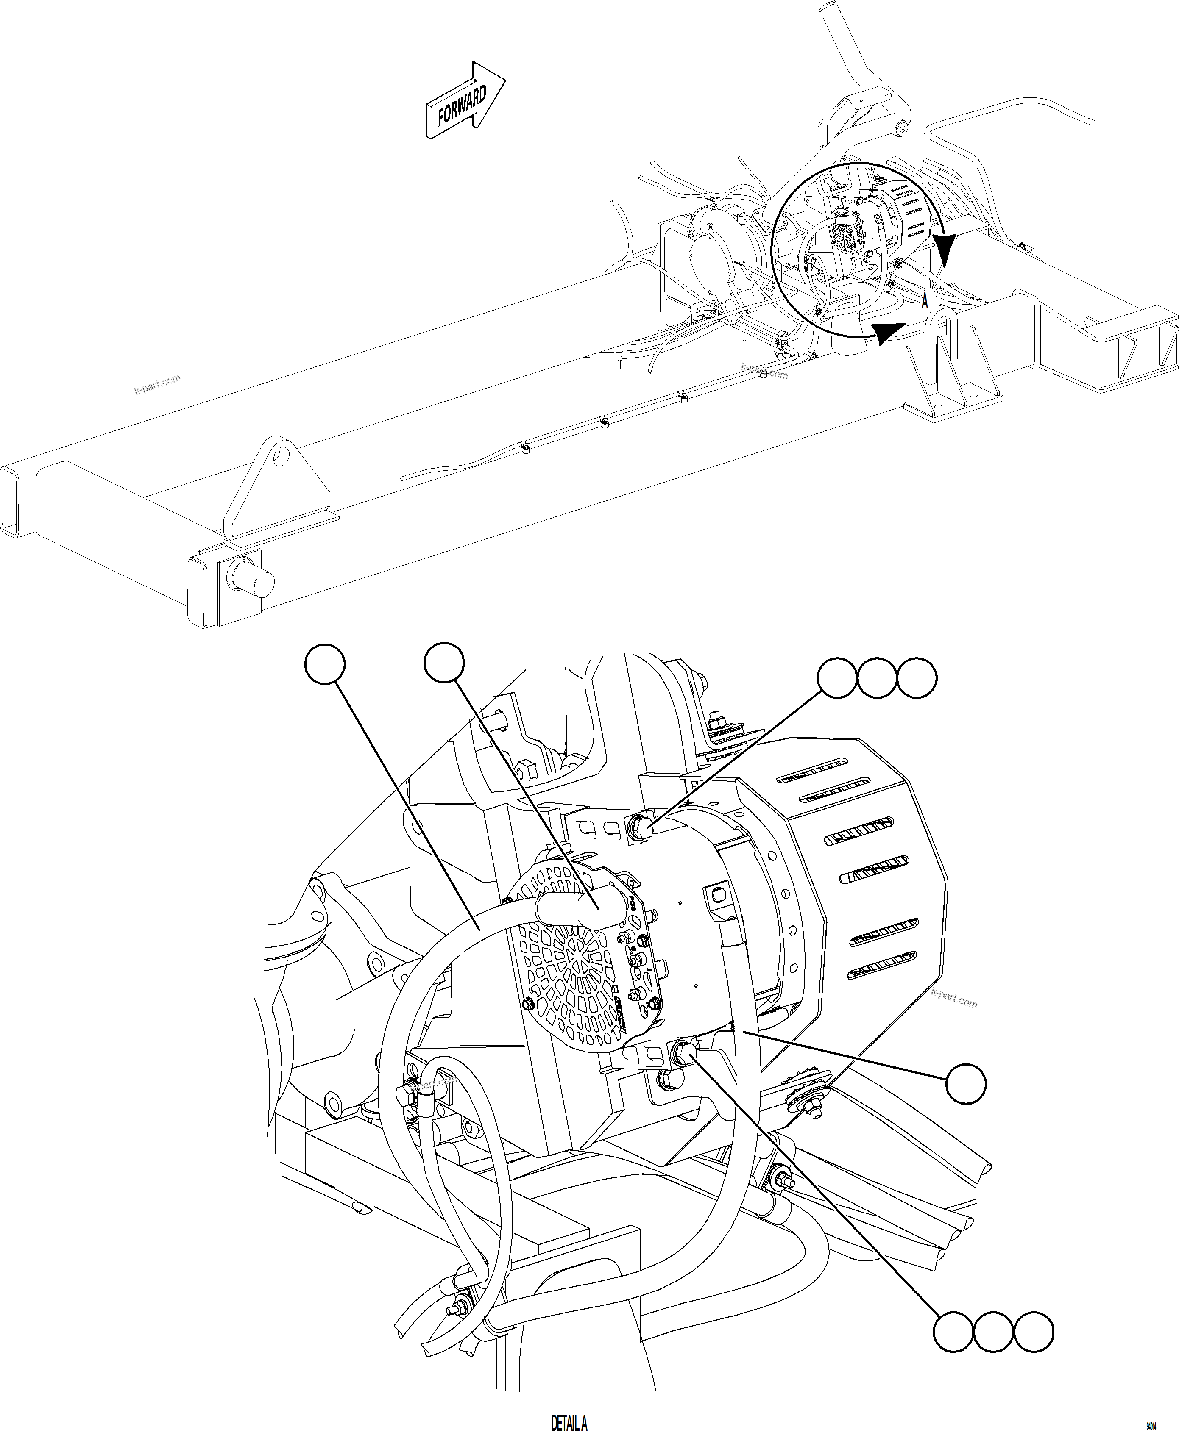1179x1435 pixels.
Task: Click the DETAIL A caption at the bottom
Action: coord(569,1423)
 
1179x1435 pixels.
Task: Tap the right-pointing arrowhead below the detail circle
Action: coord(888,333)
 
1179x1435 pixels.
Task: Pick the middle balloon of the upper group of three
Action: coord(877,677)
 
